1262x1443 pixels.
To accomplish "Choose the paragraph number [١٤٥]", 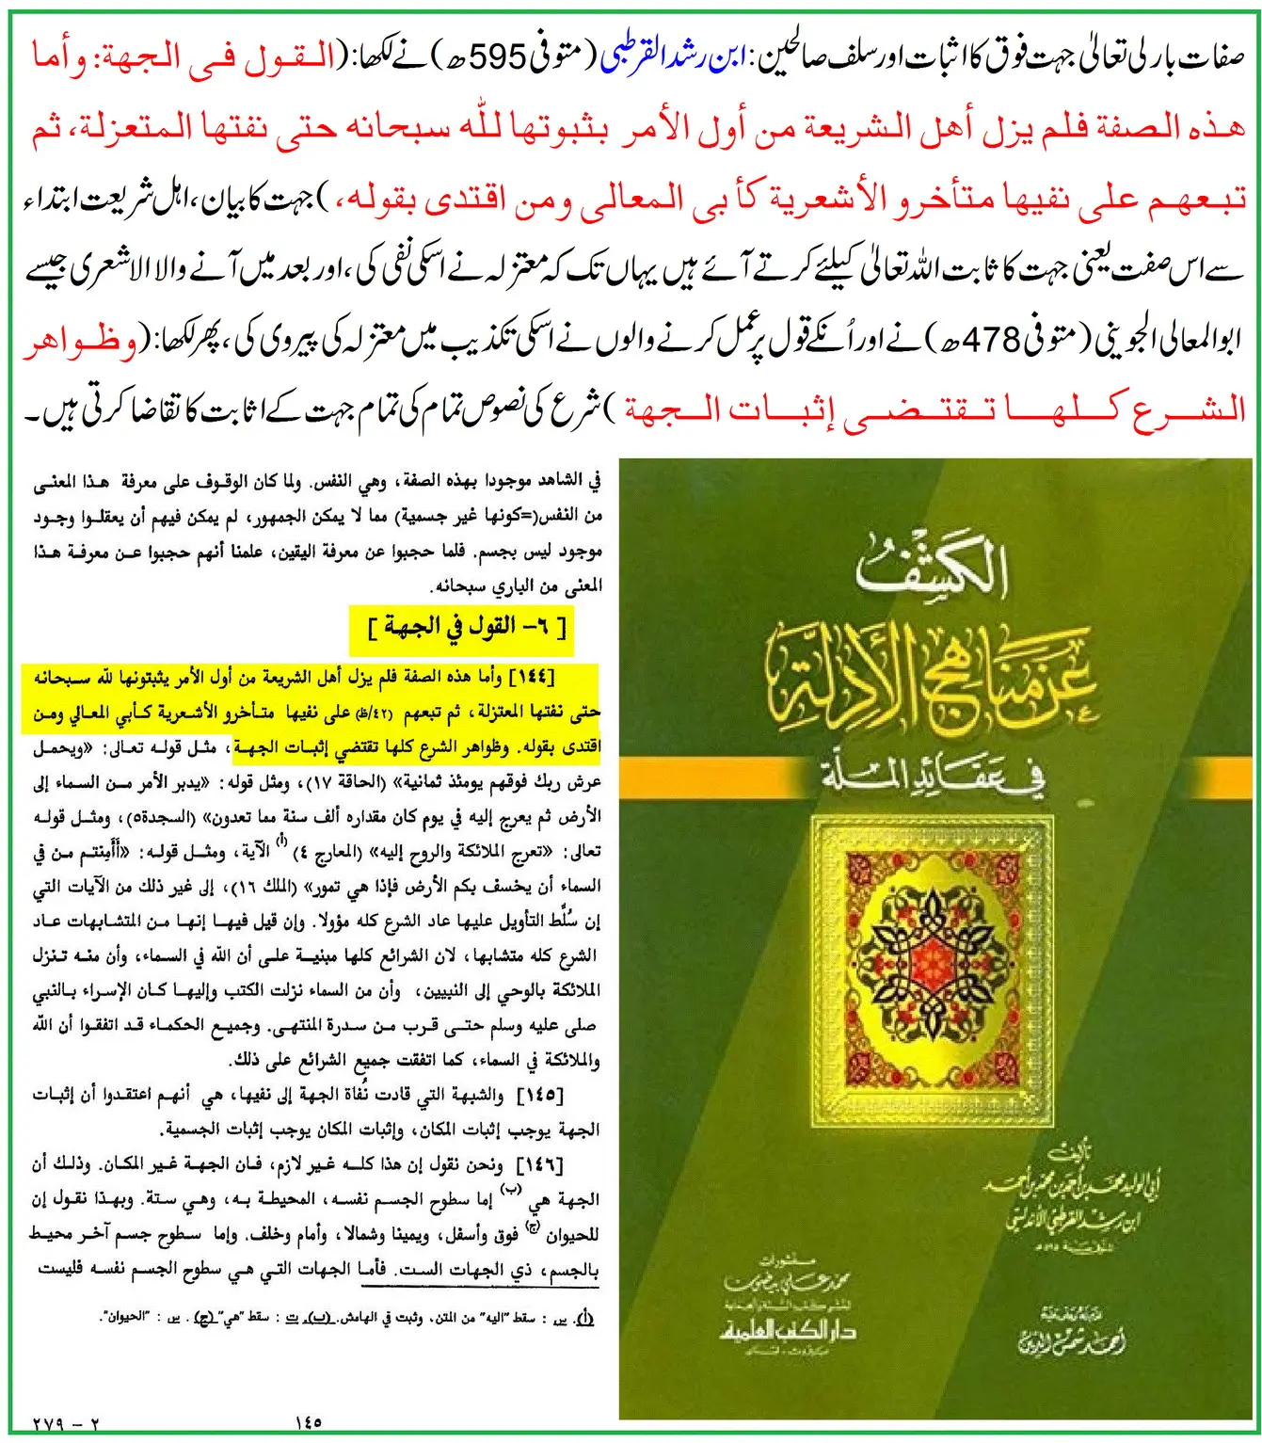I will point(539,1095).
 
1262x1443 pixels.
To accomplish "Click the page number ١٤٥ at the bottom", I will point(309,1422).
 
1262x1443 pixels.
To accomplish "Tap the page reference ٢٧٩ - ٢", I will point(66,1424).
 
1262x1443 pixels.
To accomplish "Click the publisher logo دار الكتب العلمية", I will point(789,1329).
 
